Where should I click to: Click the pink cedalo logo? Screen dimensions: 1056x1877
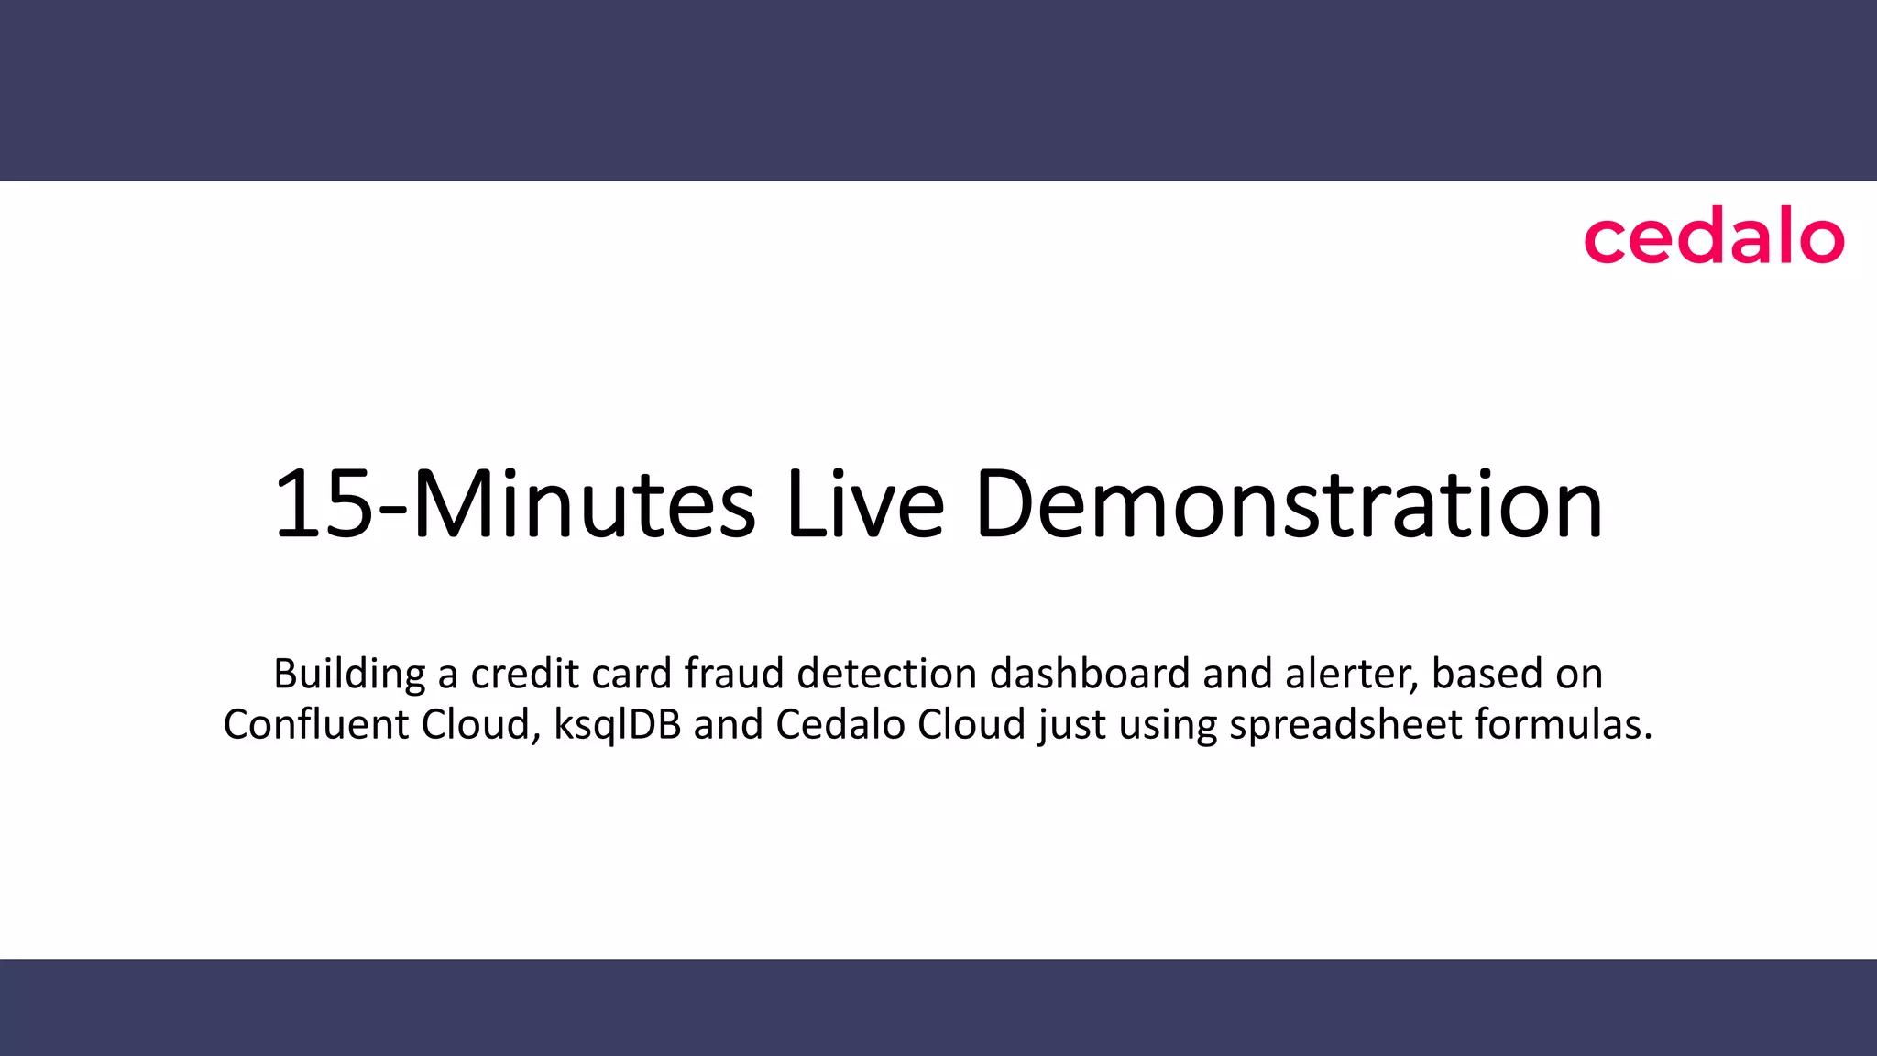tap(1713, 239)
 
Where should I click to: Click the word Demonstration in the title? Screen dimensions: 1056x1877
tap(1289, 504)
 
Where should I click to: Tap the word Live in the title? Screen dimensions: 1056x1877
tap(864, 504)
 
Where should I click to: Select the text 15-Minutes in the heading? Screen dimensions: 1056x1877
tap(515, 504)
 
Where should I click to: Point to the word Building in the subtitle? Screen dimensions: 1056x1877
tap(349, 675)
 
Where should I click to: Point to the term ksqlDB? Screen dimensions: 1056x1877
tap(618, 725)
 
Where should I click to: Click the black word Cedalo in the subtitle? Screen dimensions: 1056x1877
tap(840, 725)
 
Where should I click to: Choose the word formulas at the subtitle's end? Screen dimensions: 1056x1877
tap(1564, 725)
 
